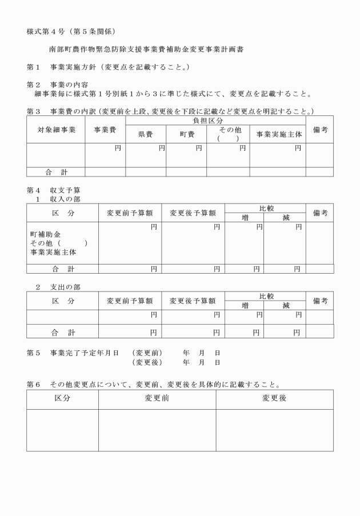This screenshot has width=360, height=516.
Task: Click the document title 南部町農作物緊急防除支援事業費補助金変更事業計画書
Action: (x=150, y=50)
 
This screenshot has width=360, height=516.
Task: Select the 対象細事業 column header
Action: (x=56, y=130)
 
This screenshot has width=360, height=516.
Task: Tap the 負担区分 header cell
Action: (x=215, y=121)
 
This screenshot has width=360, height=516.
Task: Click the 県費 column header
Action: (x=146, y=134)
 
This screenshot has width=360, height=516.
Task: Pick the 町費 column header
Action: (x=186, y=134)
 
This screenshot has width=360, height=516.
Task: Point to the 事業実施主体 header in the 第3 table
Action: (x=278, y=134)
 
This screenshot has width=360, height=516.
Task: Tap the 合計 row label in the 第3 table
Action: (x=56, y=171)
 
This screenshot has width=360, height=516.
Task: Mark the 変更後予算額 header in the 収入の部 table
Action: (x=193, y=213)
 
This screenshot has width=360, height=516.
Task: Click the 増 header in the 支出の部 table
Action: (x=245, y=306)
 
